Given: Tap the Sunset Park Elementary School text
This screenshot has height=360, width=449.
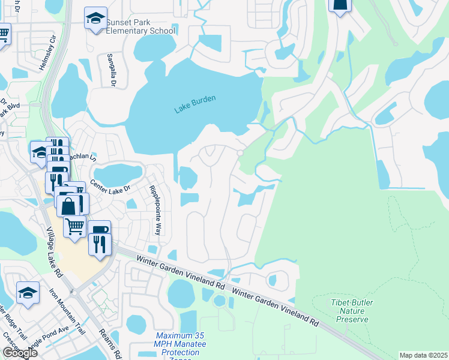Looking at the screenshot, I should (140, 27).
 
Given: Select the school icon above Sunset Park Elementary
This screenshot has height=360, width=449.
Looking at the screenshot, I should (95, 19).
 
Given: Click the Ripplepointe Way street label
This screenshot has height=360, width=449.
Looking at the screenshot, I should (155, 209).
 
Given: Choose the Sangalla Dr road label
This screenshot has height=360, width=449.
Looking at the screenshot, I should (111, 69).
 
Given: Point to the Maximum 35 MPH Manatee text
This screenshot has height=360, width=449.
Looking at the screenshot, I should (180, 340).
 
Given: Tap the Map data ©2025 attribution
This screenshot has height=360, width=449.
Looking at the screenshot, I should (423, 355).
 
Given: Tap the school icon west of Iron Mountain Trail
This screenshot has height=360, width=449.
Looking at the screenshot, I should (28, 293).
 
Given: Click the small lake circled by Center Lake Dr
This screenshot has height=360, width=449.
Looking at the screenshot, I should (118, 174).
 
